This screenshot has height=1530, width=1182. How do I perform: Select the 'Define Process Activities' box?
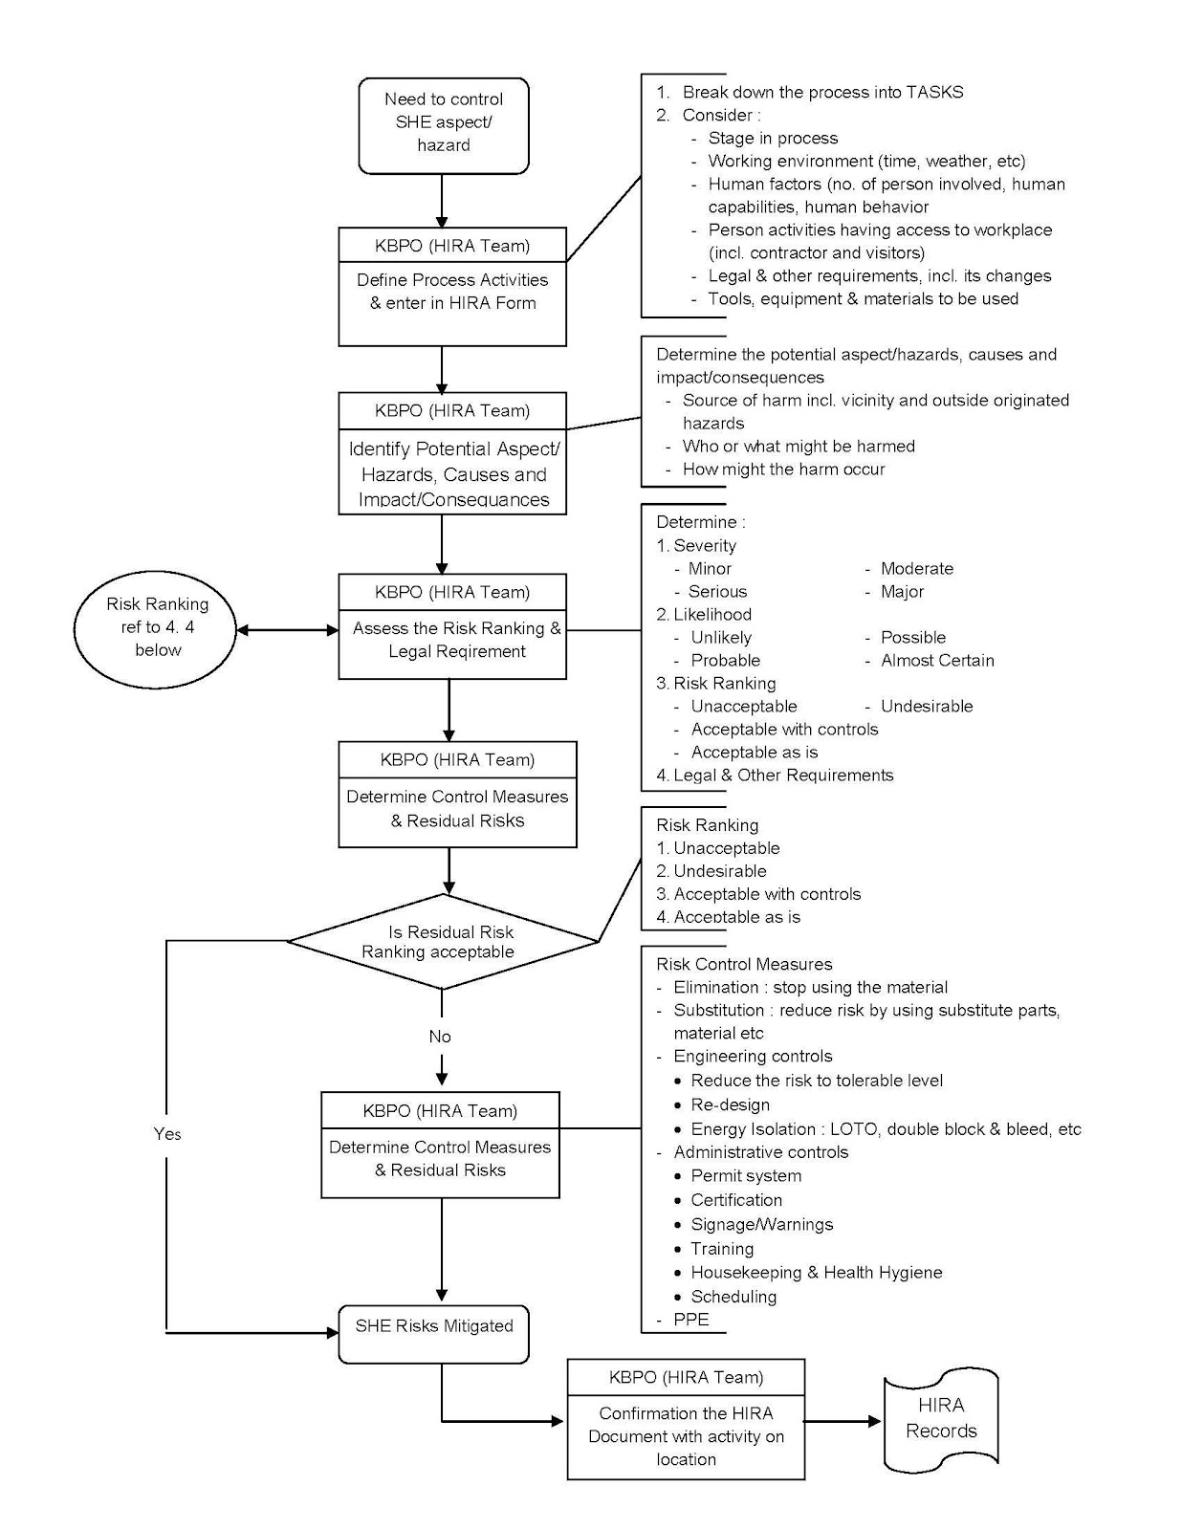tap(452, 292)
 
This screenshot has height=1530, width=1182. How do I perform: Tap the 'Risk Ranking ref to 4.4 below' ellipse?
tap(157, 627)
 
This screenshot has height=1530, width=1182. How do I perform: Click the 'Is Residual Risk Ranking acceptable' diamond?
tap(443, 942)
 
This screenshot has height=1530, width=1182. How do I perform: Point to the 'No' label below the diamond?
tap(439, 1036)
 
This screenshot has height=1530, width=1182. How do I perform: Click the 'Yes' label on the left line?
tap(166, 1133)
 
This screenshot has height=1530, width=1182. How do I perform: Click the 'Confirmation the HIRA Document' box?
tap(686, 1435)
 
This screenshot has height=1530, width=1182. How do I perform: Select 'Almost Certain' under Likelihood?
tap(936, 660)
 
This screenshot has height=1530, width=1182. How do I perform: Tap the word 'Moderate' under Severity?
tap(916, 568)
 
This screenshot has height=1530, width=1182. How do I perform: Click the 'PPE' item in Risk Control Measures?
tap(690, 1319)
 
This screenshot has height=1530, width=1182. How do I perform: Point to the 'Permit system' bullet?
tap(745, 1175)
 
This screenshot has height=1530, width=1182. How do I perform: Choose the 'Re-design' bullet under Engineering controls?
tap(730, 1104)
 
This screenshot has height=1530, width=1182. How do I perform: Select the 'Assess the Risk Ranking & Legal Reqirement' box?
tap(456, 640)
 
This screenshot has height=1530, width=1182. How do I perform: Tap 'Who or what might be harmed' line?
tap(798, 446)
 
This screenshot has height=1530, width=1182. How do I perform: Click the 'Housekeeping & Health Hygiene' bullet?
tap(816, 1272)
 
